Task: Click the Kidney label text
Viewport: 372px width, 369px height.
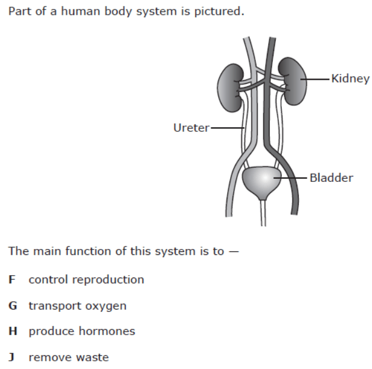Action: [350, 78]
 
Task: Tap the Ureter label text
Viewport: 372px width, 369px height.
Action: [192, 128]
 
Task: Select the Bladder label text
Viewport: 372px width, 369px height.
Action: [332, 178]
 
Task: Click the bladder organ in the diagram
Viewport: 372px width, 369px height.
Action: [262, 182]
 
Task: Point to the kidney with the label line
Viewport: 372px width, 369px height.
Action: [293, 81]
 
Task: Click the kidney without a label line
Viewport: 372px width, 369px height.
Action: [230, 88]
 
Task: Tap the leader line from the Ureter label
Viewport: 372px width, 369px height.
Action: [227, 128]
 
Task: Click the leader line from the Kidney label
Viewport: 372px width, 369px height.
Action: [315, 79]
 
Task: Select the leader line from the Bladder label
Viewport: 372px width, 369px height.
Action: [290, 178]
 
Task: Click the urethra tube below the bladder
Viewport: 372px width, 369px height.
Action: [263, 213]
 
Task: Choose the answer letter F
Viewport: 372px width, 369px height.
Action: [12, 279]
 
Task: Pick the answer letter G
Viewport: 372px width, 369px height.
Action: [12, 305]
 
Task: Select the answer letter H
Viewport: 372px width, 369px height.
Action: [12, 331]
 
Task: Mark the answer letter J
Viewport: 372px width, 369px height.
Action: [11, 358]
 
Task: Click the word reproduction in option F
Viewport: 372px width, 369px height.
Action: [108, 280]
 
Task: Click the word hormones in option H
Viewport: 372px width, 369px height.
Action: [107, 331]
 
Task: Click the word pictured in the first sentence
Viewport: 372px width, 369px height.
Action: [219, 12]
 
